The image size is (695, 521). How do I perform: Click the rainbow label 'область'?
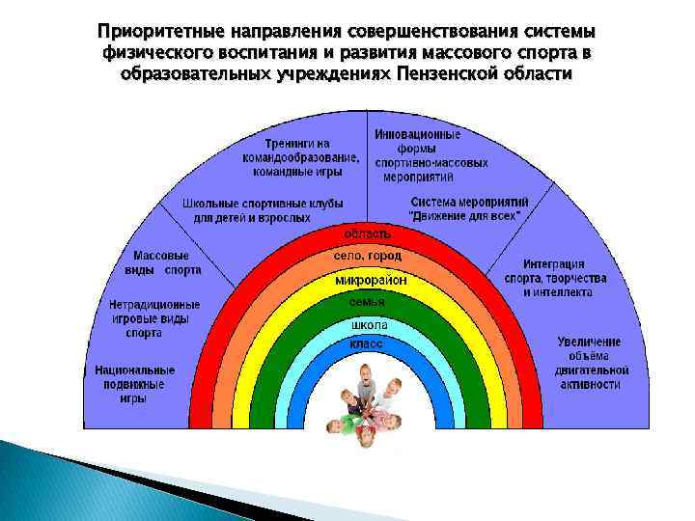368,233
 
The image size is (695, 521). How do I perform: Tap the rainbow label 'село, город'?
368,257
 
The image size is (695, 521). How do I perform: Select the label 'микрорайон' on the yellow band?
371,281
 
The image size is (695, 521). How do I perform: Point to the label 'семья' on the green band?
368,303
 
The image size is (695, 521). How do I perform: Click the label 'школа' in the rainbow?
368,325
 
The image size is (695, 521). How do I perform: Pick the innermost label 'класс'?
368,344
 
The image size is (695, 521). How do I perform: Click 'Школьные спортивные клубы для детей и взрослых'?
246,210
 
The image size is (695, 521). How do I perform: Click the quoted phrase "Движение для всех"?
466,217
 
